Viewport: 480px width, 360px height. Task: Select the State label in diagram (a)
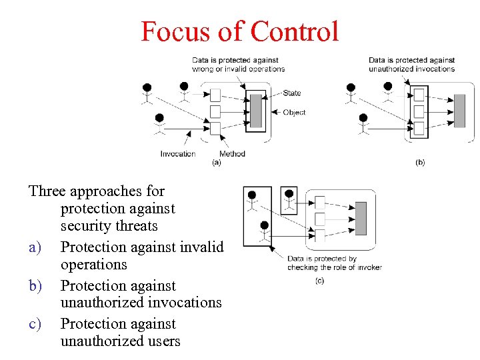(x=291, y=93)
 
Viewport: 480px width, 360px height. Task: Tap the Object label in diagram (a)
(x=294, y=113)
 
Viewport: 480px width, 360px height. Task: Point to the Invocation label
(x=178, y=154)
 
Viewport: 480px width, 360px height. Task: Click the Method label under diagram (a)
(x=232, y=154)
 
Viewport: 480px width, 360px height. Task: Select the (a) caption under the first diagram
(x=216, y=162)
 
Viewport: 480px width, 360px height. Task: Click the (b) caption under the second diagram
(x=419, y=162)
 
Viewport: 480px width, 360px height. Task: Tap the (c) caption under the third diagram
(x=319, y=281)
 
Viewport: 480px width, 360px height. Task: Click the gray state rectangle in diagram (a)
(x=256, y=111)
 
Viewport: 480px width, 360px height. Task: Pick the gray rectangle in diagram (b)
(x=459, y=111)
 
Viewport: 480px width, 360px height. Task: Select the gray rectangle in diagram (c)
(x=361, y=218)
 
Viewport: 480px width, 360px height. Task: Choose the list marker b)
(x=35, y=286)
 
